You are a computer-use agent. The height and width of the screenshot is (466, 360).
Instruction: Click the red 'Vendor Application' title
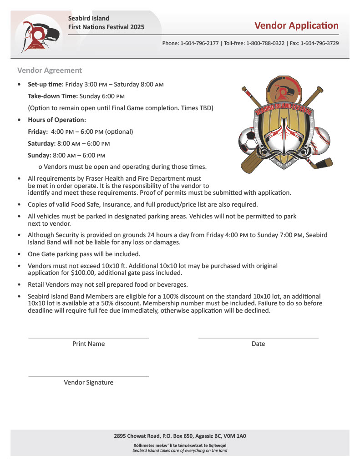296,25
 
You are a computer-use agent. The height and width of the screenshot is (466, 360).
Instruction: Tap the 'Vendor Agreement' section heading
50,70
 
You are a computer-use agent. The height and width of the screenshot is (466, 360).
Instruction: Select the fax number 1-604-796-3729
319,43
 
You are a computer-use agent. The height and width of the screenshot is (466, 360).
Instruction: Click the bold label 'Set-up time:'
46,85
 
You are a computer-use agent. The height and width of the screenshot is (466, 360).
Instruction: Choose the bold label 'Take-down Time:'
53,96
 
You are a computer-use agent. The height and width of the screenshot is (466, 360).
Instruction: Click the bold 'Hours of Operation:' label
57,120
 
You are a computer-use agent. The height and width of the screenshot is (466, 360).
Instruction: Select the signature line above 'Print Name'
88,338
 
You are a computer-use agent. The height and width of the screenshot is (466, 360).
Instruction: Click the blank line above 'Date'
258,338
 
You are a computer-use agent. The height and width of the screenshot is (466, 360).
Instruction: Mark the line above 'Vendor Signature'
88,376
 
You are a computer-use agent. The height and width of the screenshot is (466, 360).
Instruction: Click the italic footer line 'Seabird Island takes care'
180,451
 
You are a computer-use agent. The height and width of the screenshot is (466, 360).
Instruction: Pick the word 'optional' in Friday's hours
119,132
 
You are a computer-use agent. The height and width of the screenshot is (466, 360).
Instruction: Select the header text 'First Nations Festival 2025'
106,27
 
